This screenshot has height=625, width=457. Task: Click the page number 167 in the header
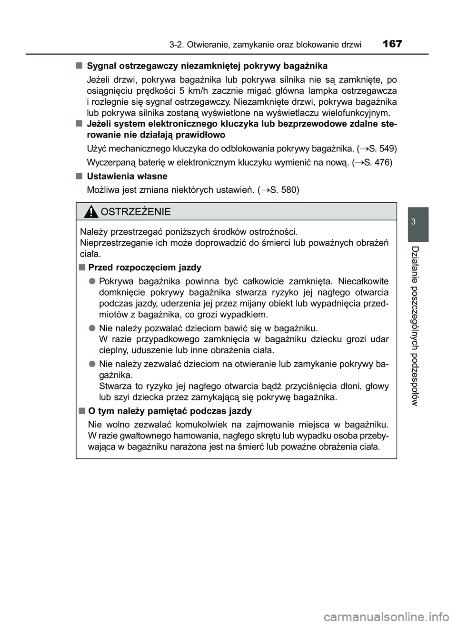coord(391,44)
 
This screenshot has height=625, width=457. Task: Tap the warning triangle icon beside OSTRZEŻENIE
coord(90,211)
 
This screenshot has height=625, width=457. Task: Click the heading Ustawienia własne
coord(127,176)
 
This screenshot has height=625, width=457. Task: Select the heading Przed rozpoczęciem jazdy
coord(145,267)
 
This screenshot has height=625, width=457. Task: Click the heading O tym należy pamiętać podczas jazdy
coord(170,411)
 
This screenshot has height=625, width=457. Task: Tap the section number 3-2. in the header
coord(177,45)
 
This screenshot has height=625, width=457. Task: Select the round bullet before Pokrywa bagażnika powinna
coord(91,281)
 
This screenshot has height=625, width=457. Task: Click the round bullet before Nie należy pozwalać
coord(91,328)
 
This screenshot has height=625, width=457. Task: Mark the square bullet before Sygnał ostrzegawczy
coord(78,65)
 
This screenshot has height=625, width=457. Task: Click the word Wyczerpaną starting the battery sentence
coord(111,162)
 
